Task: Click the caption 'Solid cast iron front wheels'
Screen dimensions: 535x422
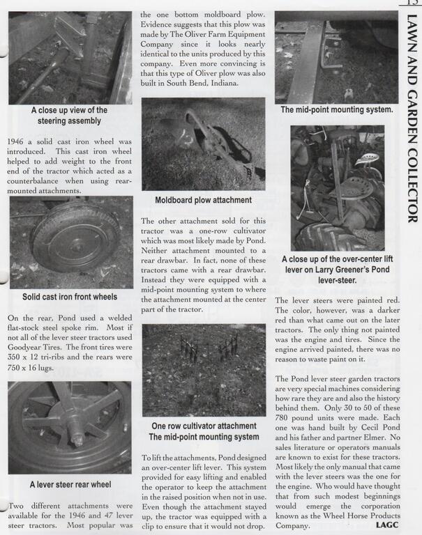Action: tap(70, 297)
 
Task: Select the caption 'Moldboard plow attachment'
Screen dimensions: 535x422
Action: tap(203, 201)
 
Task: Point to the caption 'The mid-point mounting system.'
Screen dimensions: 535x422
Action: tap(336, 109)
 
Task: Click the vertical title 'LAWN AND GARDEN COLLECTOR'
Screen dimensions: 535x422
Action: tap(411, 119)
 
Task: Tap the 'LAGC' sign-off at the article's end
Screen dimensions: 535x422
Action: tap(386, 525)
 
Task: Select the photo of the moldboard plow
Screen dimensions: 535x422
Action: tap(203, 144)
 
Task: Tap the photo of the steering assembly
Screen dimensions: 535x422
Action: tap(70, 58)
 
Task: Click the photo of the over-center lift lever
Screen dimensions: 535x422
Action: tap(338, 188)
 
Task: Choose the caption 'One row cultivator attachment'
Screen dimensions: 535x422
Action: tap(204, 426)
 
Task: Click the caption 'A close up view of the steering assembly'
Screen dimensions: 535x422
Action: tap(69, 115)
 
